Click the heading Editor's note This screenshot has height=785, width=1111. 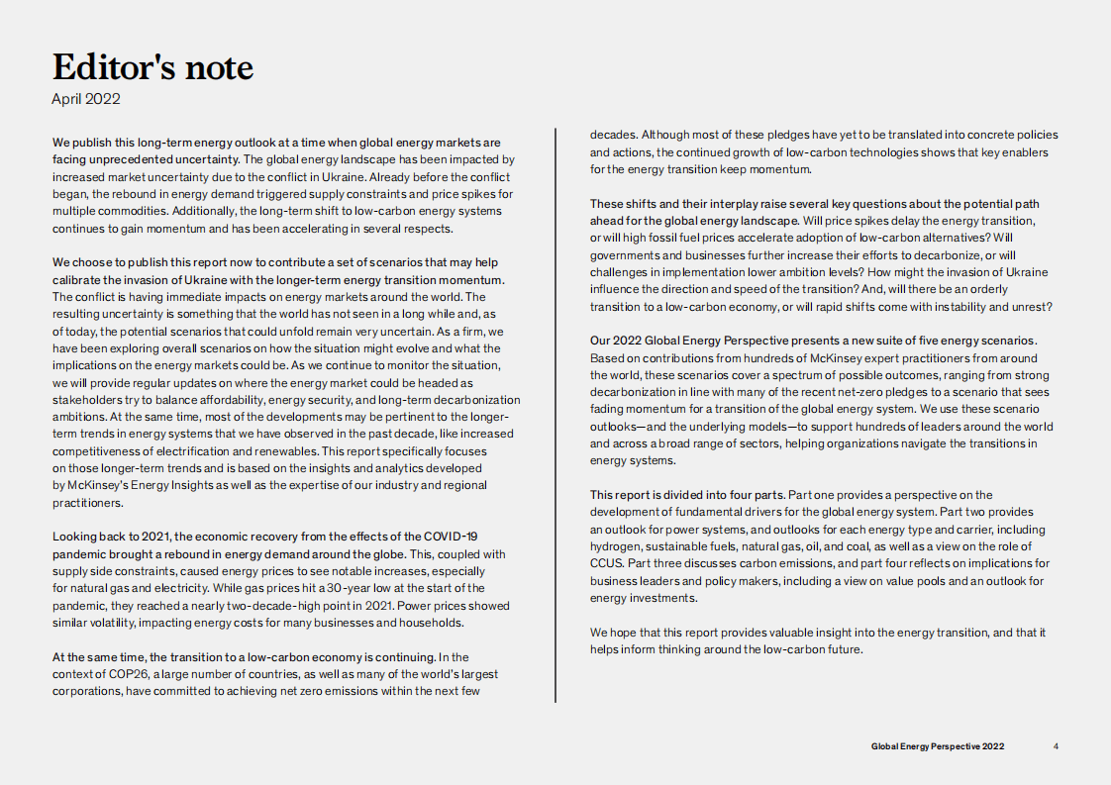(x=152, y=67)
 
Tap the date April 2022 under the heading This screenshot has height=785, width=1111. (x=86, y=99)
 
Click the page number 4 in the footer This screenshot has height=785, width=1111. (x=1056, y=746)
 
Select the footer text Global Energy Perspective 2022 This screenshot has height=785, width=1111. (x=938, y=746)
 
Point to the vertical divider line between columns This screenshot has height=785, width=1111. (x=555, y=416)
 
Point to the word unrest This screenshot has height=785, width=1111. (x=1031, y=306)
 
